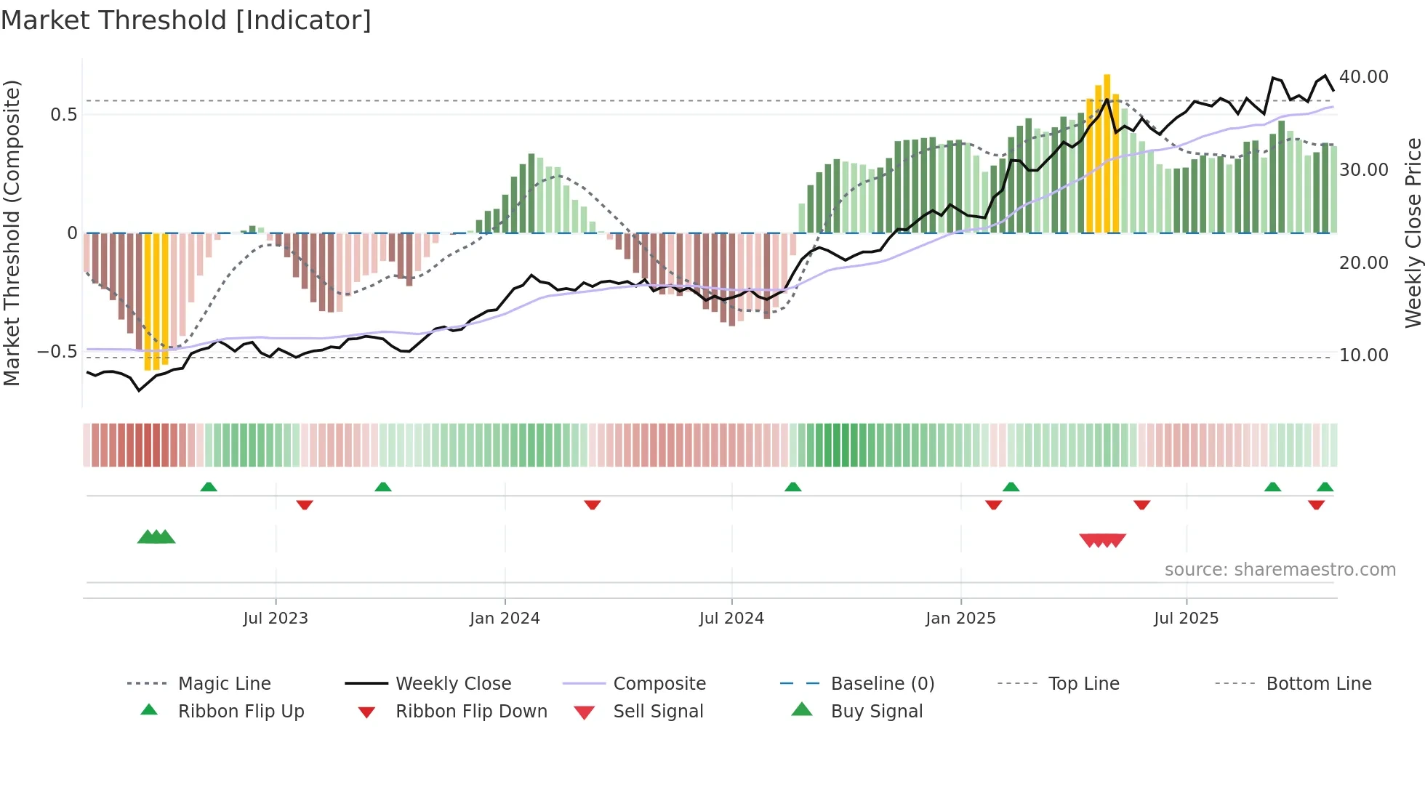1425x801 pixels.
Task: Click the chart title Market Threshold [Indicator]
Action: (x=186, y=20)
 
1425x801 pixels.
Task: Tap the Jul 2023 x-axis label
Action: (x=276, y=619)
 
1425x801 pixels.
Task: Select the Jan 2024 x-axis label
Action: (x=505, y=619)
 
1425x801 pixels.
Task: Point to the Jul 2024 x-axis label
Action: (x=731, y=619)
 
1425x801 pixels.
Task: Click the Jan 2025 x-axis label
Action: (x=960, y=619)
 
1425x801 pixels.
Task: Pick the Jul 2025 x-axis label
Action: (x=1186, y=619)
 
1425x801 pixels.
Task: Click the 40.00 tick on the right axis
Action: (x=1363, y=77)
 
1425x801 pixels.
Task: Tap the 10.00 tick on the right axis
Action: (x=1363, y=355)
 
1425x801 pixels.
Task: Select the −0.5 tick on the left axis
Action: (x=57, y=352)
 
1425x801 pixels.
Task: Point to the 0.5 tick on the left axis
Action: (x=63, y=115)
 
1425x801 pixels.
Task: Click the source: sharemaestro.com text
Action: (x=1280, y=570)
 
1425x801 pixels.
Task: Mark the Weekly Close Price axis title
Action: (x=1413, y=233)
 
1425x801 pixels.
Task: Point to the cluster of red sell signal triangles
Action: (x=1102, y=540)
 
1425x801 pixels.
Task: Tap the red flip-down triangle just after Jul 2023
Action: (x=305, y=504)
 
